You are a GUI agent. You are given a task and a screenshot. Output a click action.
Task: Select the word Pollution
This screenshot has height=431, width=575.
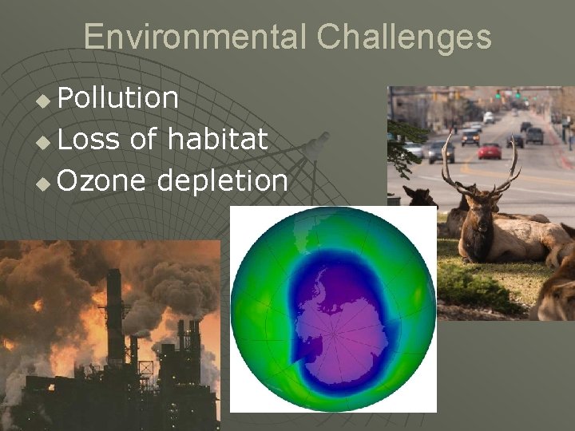pyautogui.click(x=118, y=98)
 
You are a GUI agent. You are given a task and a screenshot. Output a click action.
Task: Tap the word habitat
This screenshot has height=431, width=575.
pyautogui.click(x=217, y=140)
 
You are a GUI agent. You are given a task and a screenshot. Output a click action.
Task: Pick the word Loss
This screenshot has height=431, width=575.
pyautogui.click(x=88, y=140)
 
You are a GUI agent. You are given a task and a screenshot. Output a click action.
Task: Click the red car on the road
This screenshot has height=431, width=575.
pyautogui.click(x=490, y=151)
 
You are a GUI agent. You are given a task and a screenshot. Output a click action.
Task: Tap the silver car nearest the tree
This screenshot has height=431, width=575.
pyautogui.click(x=439, y=152)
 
